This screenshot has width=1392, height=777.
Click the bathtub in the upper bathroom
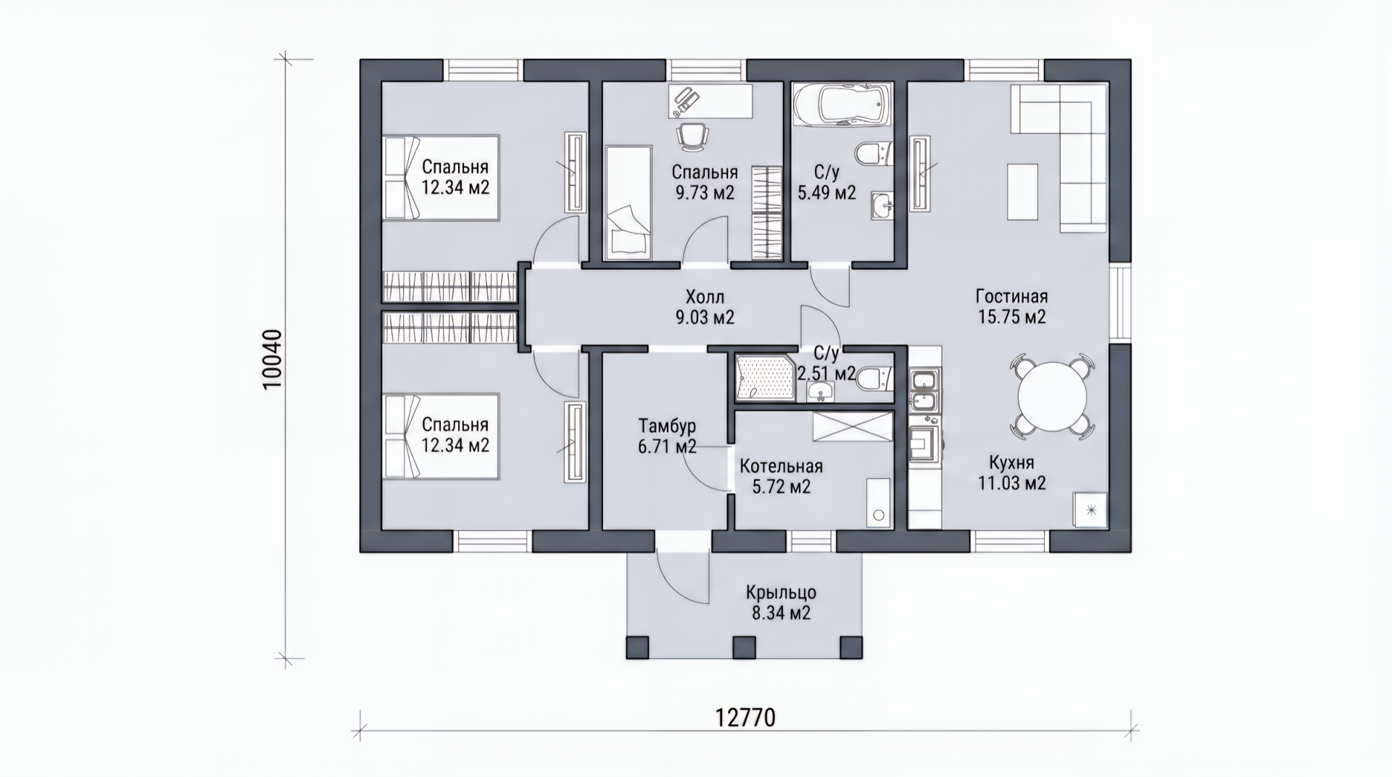(x=840, y=105)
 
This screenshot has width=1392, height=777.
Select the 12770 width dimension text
(x=745, y=718)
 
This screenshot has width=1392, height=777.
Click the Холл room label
(x=705, y=297)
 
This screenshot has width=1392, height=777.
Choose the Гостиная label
(x=1011, y=297)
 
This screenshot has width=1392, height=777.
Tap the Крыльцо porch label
(x=781, y=593)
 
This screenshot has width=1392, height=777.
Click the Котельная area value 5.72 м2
(x=782, y=487)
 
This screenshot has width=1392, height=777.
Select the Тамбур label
(x=667, y=425)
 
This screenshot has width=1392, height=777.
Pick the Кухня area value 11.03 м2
(x=1012, y=482)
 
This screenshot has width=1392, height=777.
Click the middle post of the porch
(x=745, y=646)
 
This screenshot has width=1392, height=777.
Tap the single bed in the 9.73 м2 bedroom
(x=628, y=201)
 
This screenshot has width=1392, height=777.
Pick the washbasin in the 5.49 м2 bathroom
(x=882, y=205)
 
